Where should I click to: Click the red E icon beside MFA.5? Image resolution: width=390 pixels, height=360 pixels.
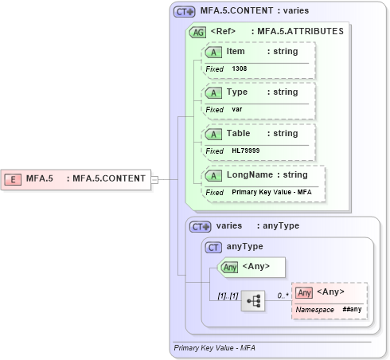[x=13, y=178]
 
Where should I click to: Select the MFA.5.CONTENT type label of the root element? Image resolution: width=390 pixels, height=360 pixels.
[x=109, y=178]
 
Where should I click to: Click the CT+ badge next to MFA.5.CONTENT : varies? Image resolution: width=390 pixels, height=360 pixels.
[x=185, y=12]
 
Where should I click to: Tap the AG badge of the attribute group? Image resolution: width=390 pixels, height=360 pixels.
[x=197, y=32]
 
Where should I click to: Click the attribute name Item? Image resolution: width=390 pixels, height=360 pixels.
[x=236, y=51]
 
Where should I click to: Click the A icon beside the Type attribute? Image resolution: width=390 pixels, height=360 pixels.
[x=213, y=92]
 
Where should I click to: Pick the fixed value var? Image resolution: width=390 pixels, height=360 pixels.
[x=236, y=110]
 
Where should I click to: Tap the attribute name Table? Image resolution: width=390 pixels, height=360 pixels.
[x=239, y=134]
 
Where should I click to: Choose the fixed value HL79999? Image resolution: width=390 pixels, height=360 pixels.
[x=245, y=151]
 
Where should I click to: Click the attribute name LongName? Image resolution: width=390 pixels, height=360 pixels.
[x=249, y=174]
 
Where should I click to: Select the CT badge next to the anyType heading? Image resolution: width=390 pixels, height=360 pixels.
[x=213, y=247]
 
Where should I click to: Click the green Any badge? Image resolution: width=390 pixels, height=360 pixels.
[x=229, y=267]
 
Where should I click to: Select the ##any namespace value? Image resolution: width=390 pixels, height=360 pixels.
[x=352, y=309]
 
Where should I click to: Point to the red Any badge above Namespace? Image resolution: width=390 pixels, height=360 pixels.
[x=304, y=292]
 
